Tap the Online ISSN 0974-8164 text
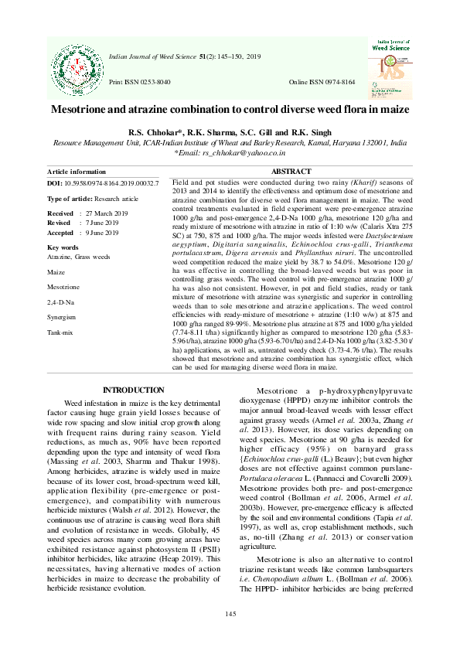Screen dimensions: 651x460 click(322, 82)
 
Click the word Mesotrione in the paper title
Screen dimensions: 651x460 click(83, 111)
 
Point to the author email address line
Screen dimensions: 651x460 click(230, 153)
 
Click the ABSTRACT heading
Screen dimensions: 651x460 click(291, 172)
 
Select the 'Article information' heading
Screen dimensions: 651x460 click(77, 172)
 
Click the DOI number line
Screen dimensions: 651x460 click(103, 184)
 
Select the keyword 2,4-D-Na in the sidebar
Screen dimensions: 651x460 click(60, 302)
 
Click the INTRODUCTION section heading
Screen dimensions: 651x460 click(133, 390)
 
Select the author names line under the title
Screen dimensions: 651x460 click(230, 133)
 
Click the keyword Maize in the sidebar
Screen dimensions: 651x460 click(56, 273)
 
